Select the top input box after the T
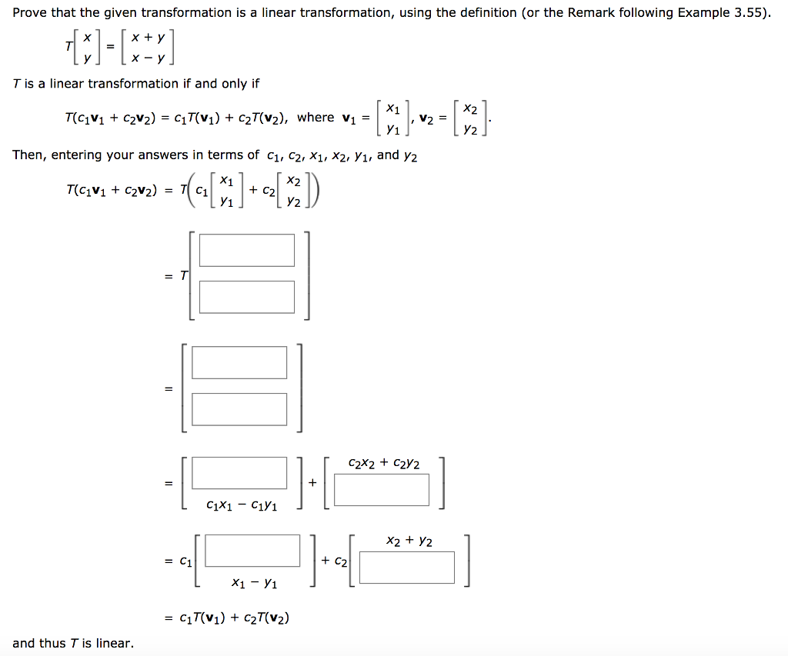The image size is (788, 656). [246, 250]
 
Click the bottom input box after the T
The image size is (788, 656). [246, 297]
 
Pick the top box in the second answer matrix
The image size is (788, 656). [239, 362]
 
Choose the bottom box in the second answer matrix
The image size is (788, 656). [239, 409]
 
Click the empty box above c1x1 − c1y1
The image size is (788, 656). [239, 473]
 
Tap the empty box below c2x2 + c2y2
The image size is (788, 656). [382, 490]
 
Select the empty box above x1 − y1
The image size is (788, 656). [252, 551]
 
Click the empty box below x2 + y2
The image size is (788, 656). [406, 568]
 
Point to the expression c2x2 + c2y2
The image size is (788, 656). [383, 463]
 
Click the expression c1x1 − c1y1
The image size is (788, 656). [242, 505]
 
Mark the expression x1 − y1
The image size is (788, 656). [254, 584]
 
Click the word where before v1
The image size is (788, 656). [316, 117]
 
